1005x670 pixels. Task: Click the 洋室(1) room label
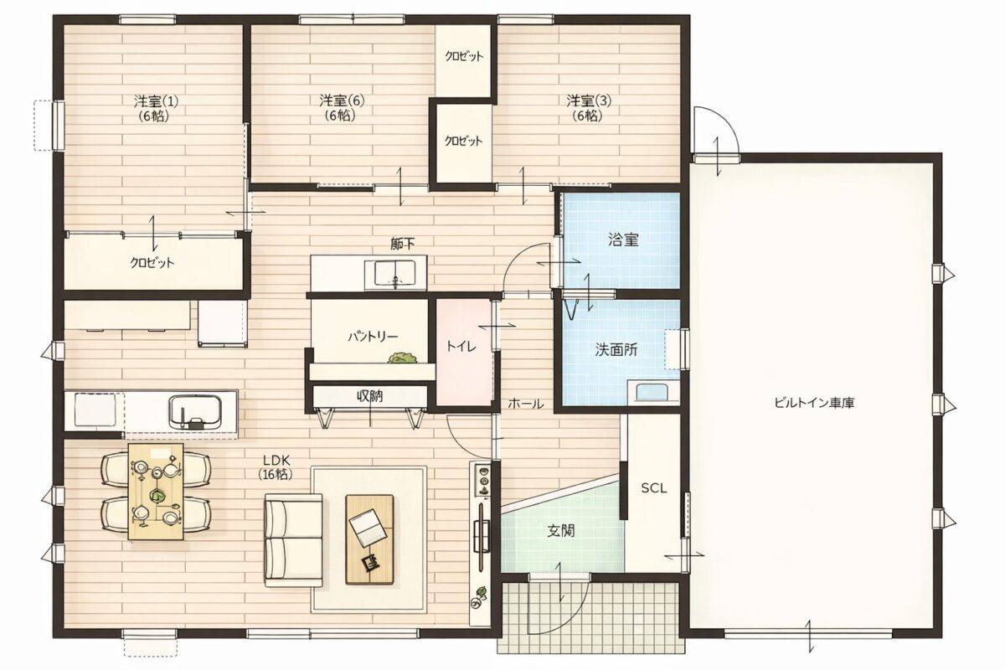pos(156,101)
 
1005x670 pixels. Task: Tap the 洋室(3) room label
pos(589,100)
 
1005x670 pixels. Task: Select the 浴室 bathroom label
pos(624,240)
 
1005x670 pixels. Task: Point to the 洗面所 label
pos(616,349)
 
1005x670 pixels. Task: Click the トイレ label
pos(461,346)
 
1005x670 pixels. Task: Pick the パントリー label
pos(373,337)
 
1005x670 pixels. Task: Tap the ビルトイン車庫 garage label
pos(814,403)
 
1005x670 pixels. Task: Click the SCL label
pos(654,488)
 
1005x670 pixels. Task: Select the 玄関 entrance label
pos(561,531)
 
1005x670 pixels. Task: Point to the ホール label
pos(526,404)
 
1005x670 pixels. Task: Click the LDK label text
pos(276,460)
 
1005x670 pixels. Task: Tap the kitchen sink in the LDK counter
pos(195,412)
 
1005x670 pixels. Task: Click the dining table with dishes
pos(156,492)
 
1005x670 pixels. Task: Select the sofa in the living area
pos(293,540)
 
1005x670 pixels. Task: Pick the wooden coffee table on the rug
pos(369,539)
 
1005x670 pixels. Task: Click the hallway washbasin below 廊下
pos(395,273)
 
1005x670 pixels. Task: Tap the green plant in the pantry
pos(403,358)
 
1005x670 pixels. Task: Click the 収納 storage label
pos(369,396)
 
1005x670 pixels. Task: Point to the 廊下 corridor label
pos(403,244)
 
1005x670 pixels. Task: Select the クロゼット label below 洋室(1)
pos(152,262)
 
